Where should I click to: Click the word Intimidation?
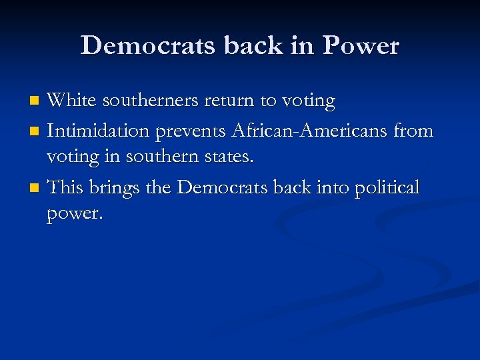[x=98, y=131]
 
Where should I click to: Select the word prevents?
[x=190, y=132]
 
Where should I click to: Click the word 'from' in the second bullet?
[x=413, y=131]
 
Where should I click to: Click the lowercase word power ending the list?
[x=75, y=215]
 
